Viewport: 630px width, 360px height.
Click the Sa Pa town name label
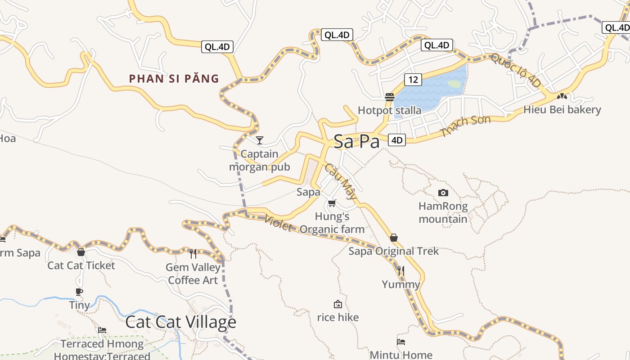(356, 141)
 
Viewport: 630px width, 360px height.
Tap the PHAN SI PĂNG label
(174, 79)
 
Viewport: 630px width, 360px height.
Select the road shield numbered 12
(413, 80)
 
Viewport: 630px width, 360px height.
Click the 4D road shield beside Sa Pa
(396, 140)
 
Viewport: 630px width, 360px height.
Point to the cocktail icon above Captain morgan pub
(259, 140)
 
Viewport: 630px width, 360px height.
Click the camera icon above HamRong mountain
(443, 193)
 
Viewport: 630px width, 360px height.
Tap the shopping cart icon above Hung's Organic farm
(332, 203)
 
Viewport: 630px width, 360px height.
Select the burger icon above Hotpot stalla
(390, 97)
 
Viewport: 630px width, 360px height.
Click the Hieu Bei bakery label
(562, 109)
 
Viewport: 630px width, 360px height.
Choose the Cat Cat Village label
(180, 322)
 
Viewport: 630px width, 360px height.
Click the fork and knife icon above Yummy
(400, 270)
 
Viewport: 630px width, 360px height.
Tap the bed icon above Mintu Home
(401, 342)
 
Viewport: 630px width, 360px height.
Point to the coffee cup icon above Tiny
(79, 292)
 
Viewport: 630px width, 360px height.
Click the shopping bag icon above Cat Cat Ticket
(81, 252)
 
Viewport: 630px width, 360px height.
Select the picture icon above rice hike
(337, 304)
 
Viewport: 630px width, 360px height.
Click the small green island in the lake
(454, 84)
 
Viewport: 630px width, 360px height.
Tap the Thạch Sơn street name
(459, 126)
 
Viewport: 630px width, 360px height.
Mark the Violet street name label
(278, 223)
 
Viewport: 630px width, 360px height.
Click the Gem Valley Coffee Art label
(193, 274)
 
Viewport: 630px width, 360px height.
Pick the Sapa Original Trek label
(393, 251)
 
